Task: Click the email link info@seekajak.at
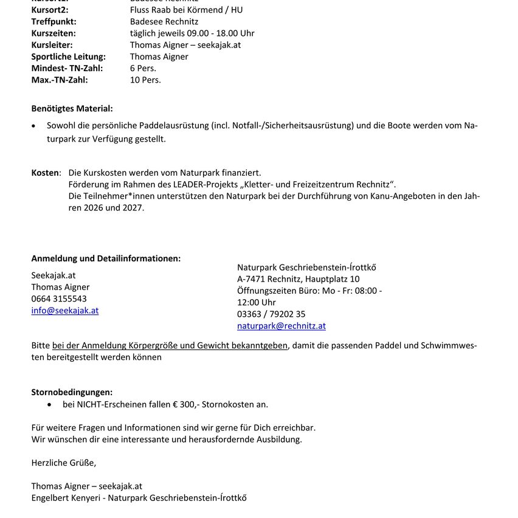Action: tap(65, 311)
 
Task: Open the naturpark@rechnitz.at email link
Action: tap(281, 326)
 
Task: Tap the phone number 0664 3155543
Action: tap(59, 299)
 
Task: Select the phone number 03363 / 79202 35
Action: tap(271, 314)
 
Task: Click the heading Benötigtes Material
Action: tap(72, 109)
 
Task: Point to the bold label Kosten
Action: tap(45, 173)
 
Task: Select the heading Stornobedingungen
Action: tap(72, 393)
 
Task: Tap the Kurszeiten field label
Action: tap(54, 33)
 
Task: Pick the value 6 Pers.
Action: tap(143, 68)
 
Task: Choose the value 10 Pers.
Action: tap(145, 80)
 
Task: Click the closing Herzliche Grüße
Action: tap(63, 463)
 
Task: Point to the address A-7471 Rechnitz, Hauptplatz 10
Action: tap(298, 279)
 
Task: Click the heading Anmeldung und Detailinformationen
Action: tap(106, 258)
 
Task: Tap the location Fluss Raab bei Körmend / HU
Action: tap(186, 10)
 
